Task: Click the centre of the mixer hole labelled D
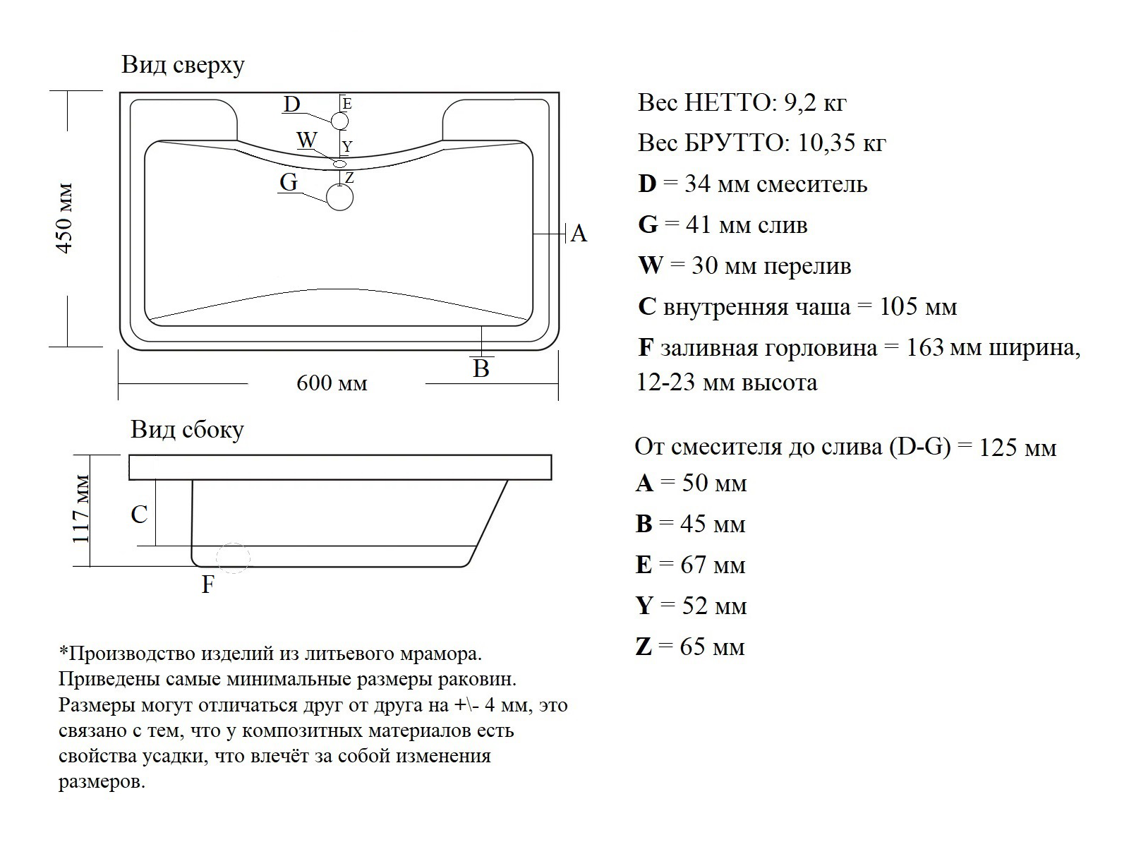pyautogui.click(x=339, y=121)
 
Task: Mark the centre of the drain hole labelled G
pyautogui.click(x=339, y=198)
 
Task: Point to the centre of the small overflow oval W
pyautogui.click(x=340, y=164)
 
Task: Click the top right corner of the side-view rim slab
pyautogui.click(x=551, y=455)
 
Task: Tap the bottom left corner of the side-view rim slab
pyautogui.click(x=129, y=479)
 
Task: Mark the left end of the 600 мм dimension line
pyautogui.click(x=119, y=383)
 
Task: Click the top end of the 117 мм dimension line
pyautogui.click(x=90, y=455)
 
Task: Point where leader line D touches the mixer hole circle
pyautogui.click(x=332, y=121)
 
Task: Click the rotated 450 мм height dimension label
pyautogui.click(x=65, y=219)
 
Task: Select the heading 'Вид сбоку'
pyautogui.click(x=187, y=429)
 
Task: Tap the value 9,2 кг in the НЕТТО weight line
pyautogui.click(x=815, y=103)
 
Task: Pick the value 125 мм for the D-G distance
pyautogui.click(x=1018, y=447)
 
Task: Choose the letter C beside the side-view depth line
pyautogui.click(x=140, y=515)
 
